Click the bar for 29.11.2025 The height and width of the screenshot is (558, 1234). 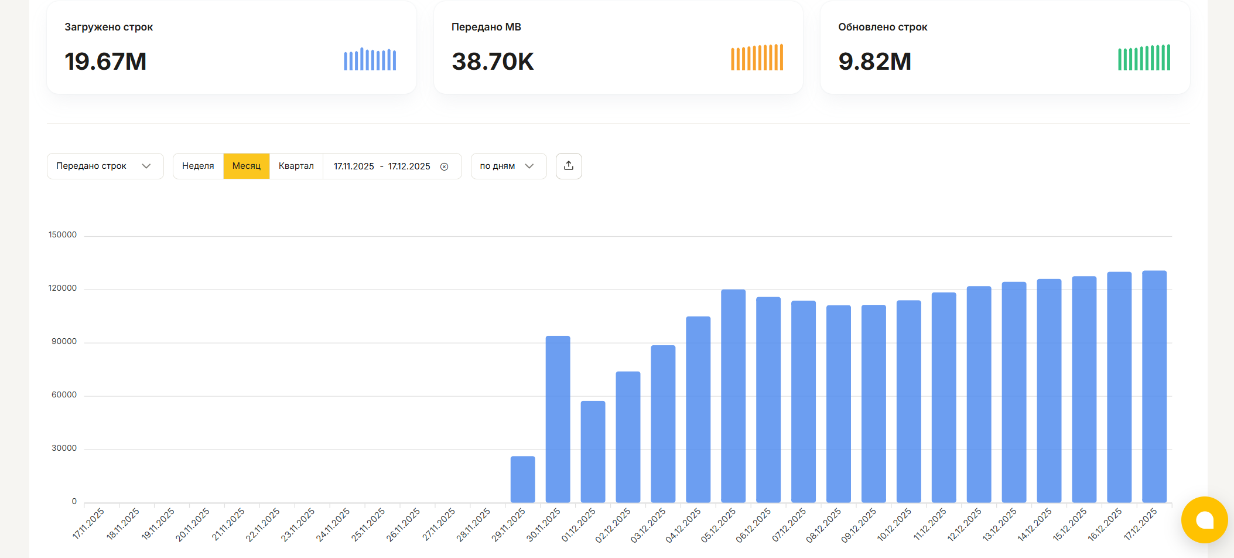[522, 479]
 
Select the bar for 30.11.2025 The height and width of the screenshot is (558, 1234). [558, 419]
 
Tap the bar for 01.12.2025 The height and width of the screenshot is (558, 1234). [593, 451]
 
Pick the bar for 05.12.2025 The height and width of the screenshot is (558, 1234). [733, 396]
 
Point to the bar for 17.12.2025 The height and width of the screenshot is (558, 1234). [1154, 386]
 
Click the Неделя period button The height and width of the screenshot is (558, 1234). [198, 166]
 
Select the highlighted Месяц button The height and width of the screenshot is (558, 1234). [246, 166]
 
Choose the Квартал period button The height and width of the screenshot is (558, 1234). [296, 166]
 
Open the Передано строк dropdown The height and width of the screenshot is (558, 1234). [105, 166]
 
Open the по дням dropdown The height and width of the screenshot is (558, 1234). [508, 166]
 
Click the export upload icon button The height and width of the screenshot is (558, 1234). [569, 166]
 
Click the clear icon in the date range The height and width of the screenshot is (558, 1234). [445, 166]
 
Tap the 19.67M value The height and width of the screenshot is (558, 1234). [105, 62]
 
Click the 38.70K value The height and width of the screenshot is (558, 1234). [493, 62]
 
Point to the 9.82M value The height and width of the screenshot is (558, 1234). [874, 62]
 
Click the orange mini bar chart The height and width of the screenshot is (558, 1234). [757, 57]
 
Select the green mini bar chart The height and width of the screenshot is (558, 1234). [1144, 57]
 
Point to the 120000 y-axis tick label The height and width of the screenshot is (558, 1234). [63, 288]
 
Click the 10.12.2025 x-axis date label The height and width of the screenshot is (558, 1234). [894, 524]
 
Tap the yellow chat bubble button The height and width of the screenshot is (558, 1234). [1204, 520]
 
